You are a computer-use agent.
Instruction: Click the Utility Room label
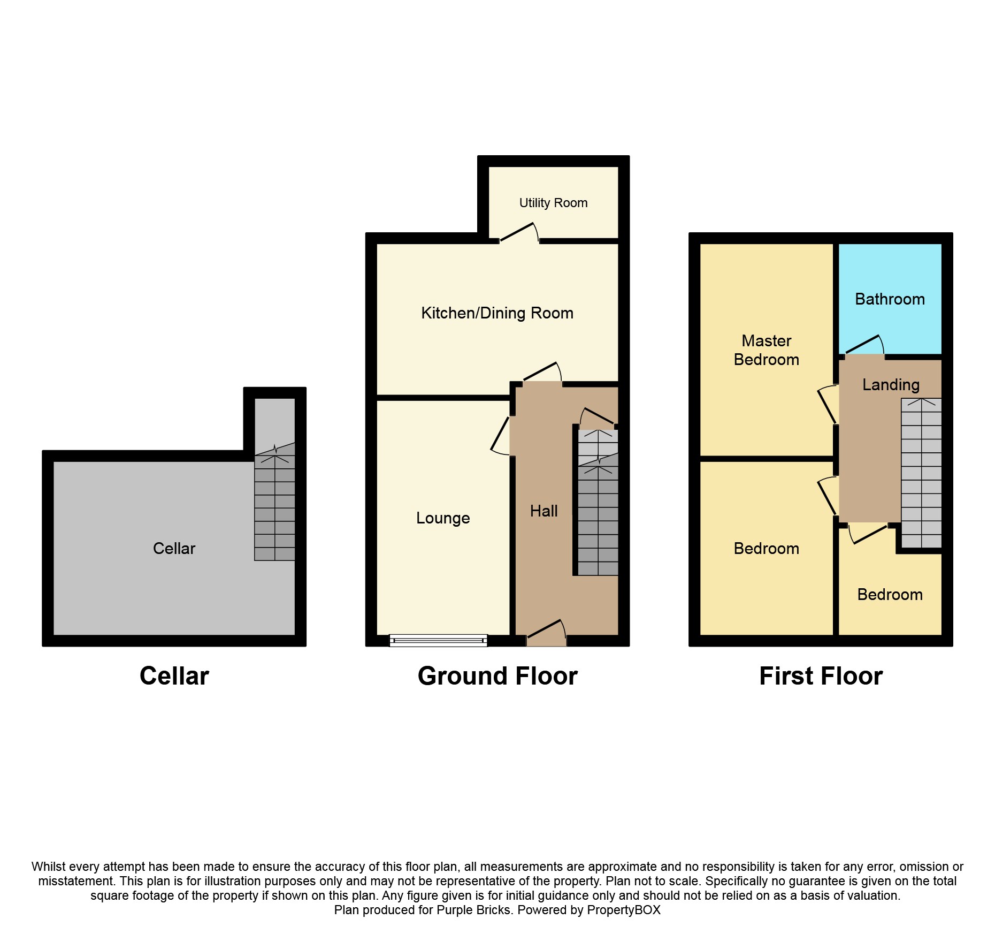[553, 203]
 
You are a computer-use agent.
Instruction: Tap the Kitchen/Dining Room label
[497, 313]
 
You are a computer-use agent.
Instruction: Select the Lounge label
[443, 518]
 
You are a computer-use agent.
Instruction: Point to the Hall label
[544, 511]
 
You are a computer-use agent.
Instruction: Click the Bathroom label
[890, 299]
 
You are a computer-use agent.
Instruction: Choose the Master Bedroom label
[766, 350]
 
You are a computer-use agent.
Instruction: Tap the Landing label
[891, 385]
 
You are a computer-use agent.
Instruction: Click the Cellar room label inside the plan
[174, 549]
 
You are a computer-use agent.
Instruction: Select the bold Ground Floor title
[497, 676]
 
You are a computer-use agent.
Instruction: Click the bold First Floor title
[821, 676]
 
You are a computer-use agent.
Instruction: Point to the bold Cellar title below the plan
[174, 676]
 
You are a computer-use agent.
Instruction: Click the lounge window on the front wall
[438, 640]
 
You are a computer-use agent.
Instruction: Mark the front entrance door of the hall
[546, 633]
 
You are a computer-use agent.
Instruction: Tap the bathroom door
[864, 345]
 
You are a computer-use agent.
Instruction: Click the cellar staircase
[274, 502]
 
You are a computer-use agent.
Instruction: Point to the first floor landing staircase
[921, 473]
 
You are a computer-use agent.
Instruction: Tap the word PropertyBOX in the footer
[624, 910]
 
